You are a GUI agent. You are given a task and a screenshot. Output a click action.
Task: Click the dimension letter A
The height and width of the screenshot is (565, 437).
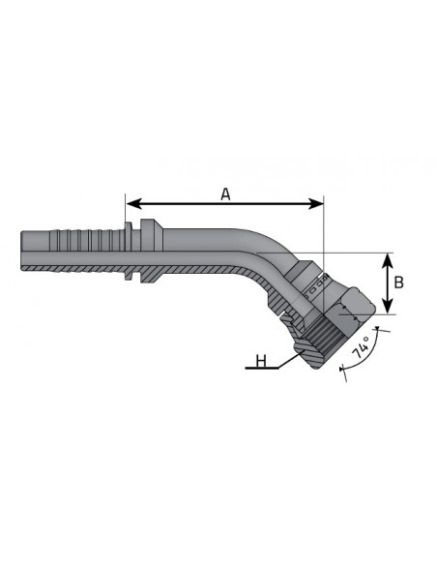[225, 194]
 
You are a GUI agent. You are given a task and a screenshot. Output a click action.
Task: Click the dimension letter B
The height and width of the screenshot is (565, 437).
[399, 282]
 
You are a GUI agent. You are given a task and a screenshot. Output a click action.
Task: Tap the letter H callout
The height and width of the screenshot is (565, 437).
[261, 361]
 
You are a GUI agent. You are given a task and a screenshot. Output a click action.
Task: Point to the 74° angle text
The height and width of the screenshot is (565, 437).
[361, 347]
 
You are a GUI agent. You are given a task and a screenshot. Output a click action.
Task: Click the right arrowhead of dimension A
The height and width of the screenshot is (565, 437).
[317, 204]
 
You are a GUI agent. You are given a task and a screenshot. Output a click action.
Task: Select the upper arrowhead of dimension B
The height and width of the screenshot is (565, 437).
[388, 260]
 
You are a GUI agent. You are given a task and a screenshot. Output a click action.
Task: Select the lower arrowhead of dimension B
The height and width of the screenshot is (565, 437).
[388, 307]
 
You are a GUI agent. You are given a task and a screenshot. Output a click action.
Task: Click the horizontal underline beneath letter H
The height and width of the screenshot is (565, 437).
[262, 369]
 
